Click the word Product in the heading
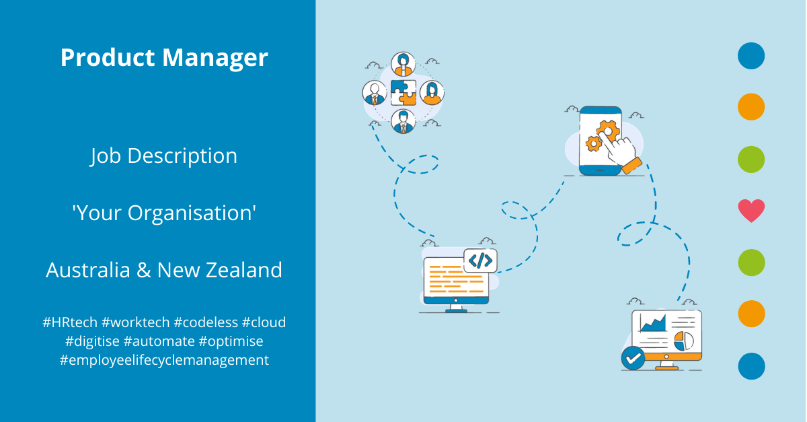(108, 58)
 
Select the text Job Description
(164, 156)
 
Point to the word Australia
(88, 270)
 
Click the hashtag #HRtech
(69, 322)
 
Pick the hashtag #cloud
(264, 322)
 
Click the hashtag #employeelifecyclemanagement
(164, 360)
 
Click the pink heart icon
(751, 211)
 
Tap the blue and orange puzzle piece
(403, 92)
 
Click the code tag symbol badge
(480, 260)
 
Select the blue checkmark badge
(633, 359)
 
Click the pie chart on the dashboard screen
(684, 340)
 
